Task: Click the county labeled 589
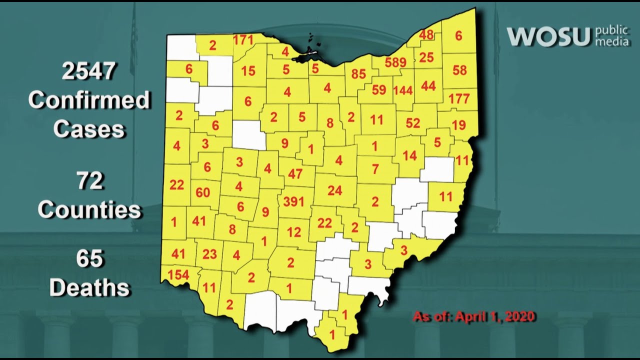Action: point(396,62)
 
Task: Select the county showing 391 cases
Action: point(294,201)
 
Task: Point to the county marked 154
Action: point(178,275)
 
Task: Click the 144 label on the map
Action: point(402,90)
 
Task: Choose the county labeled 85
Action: point(358,74)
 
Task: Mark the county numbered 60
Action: point(203,192)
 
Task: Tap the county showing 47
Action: point(295,174)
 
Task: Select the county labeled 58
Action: point(459,69)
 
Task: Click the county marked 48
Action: point(426,34)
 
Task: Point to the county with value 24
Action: point(334,190)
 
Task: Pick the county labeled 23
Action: point(209,254)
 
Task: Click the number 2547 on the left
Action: point(89,72)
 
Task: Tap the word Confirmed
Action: point(89,100)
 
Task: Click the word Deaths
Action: point(90,288)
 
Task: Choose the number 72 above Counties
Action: point(90,181)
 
